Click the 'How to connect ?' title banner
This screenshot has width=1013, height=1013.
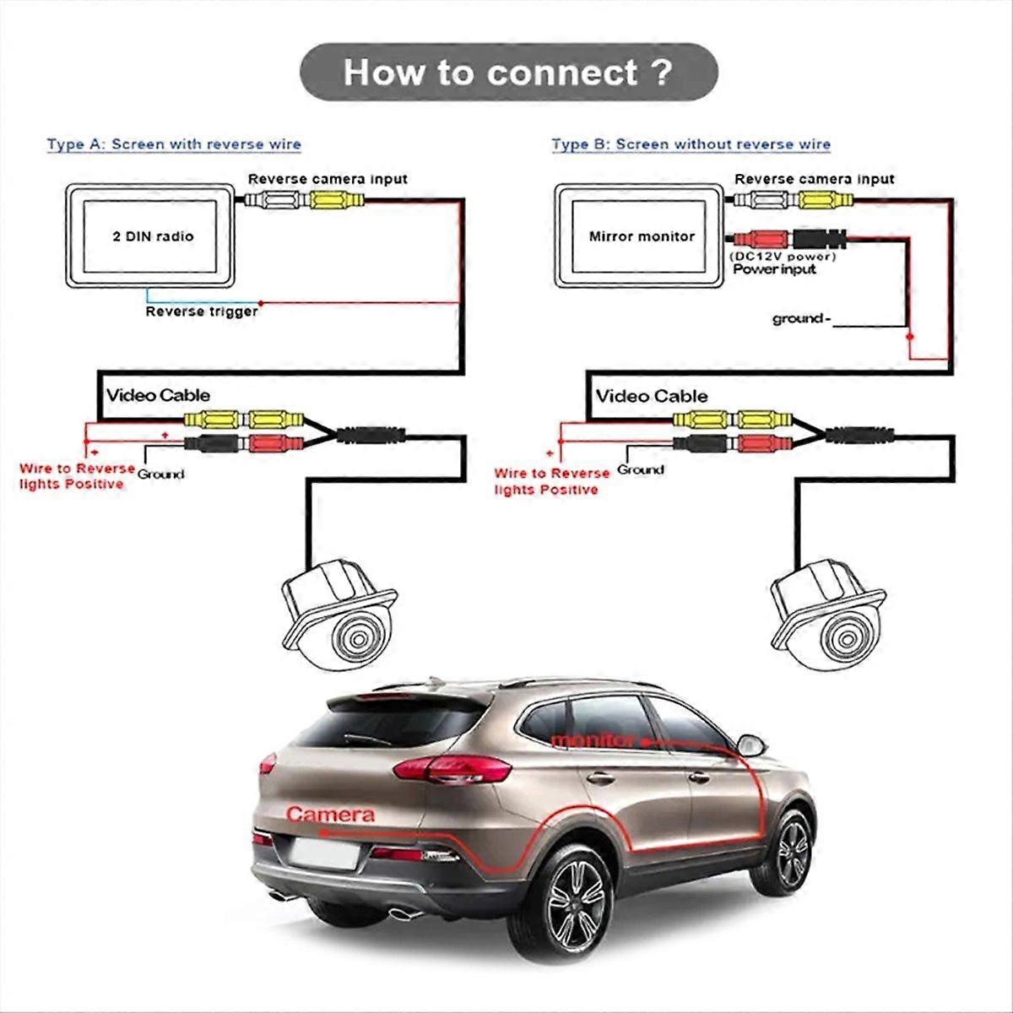click(x=508, y=73)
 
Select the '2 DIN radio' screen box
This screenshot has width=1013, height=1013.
click(x=152, y=236)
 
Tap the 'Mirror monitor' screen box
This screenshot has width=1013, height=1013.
click(x=641, y=236)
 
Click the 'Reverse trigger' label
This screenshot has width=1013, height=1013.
click(x=202, y=311)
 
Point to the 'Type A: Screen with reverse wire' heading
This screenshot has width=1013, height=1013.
click(x=174, y=144)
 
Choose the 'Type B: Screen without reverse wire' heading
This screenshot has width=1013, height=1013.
click(x=691, y=144)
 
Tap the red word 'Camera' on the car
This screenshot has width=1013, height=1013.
click(x=330, y=815)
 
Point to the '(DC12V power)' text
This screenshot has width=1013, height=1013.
click(x=783, y=256)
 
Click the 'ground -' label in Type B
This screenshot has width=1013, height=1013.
click(x=801, y=318)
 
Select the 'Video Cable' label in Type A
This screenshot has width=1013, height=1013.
click(x=158, y=395)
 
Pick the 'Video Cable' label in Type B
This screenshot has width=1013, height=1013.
click(x=652, y=396)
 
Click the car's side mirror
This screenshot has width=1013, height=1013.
click(x=750, y=746)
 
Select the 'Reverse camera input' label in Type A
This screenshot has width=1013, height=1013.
click(x=328, y=179)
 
